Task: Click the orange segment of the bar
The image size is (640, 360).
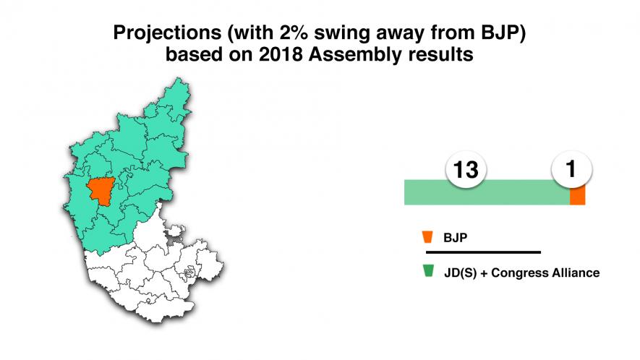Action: pyautogui.click(x=577, y=195)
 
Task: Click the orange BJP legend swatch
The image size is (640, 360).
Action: pyautogui.click(x=429, y=236)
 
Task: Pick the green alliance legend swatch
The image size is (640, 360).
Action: pyautogui.click(x=429, y=271)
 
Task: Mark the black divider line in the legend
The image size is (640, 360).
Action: pyautogui.click(x=483, y=252)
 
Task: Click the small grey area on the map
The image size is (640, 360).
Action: pyautogui.click(x=174, y=234)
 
